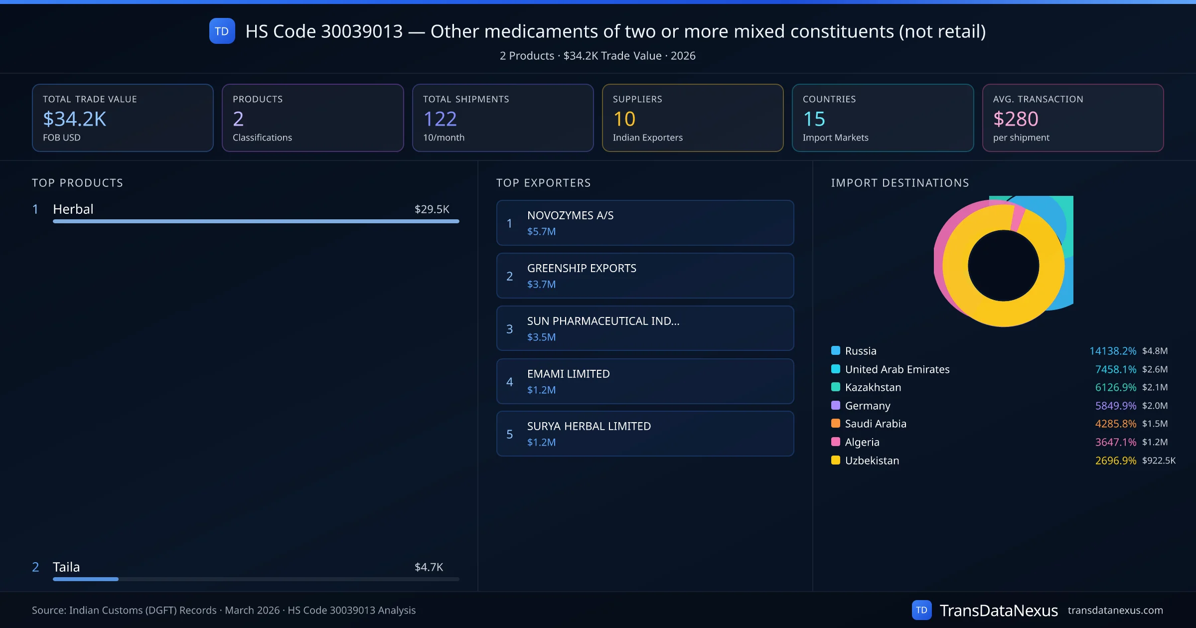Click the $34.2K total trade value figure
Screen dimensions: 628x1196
(x=75, y=119)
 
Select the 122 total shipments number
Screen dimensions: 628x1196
(x=440, y=119)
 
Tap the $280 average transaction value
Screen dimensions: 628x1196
(x=1016, y=119)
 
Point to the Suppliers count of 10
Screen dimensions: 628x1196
(x=624, y=119)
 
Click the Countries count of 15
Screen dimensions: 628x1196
(x=814, y=119)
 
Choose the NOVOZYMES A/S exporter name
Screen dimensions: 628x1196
(x=570, y=215)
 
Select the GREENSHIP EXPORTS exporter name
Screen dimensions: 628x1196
(x=582, y=268)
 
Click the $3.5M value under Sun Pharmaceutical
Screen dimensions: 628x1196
(x=541, y=337)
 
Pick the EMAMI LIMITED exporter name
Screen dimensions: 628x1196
(x=568, y=374)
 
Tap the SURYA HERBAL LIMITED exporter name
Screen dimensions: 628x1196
(x=589, y=426)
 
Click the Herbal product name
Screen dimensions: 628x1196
(x=73, y=209)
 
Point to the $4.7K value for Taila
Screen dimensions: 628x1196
(x=429, y=567)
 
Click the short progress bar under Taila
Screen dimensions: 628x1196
(x=86, y=579)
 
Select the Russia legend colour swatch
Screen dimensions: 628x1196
(x=836, y=350)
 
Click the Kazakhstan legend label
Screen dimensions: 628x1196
(x=873, y=387)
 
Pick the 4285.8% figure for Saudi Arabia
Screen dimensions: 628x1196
(x=1115, y=424)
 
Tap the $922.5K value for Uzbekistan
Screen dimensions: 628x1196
(x=1159, y=461)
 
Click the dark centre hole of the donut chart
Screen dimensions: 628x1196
(x=1003, y=266)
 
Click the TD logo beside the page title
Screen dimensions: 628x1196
(x=222, y=31)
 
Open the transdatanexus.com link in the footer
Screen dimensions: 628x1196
(x=1115, y=611)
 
